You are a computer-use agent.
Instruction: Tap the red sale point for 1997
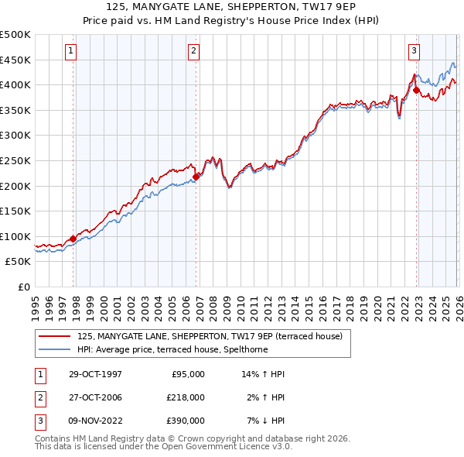pos(73,239)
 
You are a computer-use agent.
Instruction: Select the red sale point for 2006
pos(196,177)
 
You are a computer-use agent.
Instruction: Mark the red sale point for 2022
pos(416,90)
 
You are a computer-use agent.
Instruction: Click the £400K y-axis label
pos(15,84)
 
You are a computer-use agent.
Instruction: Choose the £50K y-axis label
pos(19,262)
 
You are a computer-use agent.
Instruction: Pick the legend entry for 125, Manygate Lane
pos(214,335)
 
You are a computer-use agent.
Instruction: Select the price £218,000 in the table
pos(186,397)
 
